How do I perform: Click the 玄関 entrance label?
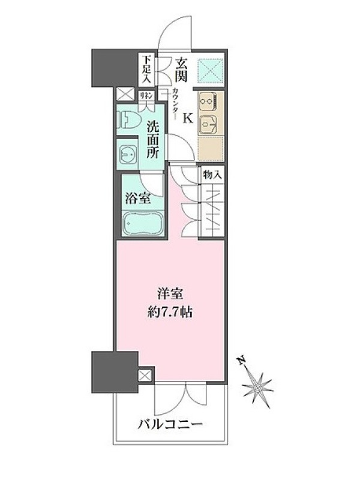click(x=181, y=70)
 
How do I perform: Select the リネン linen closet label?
click(x=146, y=96)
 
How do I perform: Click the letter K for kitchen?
click(x=188, y=118)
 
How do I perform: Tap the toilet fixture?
click(x=128, y=121)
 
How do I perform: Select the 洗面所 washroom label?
click(x=152, y=140)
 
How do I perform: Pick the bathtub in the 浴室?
click(x=142, y=223)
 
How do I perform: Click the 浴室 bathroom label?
click(x=138, y=199)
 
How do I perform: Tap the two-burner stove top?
click(x=207, y=101)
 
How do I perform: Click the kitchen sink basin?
click(x=207, y=124)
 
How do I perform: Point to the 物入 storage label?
click(x=212, y=176)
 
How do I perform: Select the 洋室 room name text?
click(x=170, y=294)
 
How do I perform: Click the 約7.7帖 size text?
click(x=170, y=313)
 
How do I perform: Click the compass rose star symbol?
click(x=258, y=388)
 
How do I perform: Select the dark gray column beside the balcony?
click(x=115, y=372)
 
